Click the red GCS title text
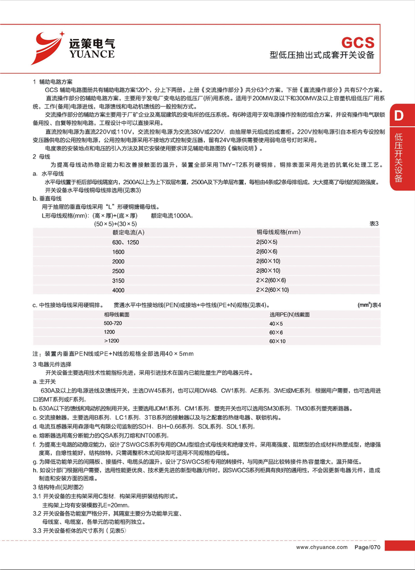pyautogui.click(x=357, y=42)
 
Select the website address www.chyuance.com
pyautogui.click(x=321, y=547)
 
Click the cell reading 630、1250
pyautogui.click(x=125, y=242)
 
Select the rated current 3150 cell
pyautogui.click(x=119, y=280)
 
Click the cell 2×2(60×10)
pyautogui.click(x=272, y=290)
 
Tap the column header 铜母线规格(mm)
pyautogui.click(x=279, y=232)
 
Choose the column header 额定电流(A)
pyautogui.click(x=129, y=232)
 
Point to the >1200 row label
pyautogui.click(x=111, y=341)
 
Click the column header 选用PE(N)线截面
pyautogui.click(x=289, y=314)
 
